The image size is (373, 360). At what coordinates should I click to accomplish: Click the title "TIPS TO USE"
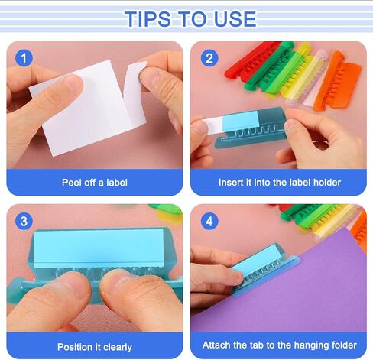186,18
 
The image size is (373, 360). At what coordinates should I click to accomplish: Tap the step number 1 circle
25,58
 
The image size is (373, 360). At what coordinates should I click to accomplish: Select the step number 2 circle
209,58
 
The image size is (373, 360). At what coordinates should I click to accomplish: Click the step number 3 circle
25,222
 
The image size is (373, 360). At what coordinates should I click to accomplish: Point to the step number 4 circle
209,222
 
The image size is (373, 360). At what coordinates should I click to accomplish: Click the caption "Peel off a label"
95,183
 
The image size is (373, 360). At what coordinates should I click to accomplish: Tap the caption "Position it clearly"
95,347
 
